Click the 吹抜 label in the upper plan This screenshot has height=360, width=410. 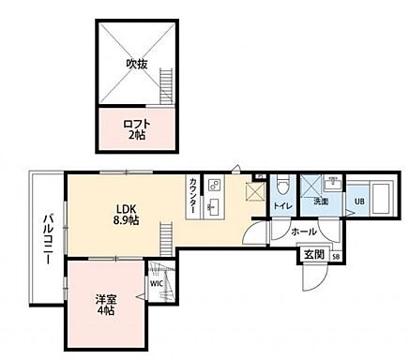(x=138, y=64)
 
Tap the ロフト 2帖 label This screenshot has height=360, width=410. (x=137, y=127)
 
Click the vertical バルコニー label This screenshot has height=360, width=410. (x=46, y=240)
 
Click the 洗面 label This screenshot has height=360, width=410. (x=322, y=202)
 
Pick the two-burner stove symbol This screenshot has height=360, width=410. (x=215, y=185)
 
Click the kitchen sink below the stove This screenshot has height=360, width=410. (x=214, y=205)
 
